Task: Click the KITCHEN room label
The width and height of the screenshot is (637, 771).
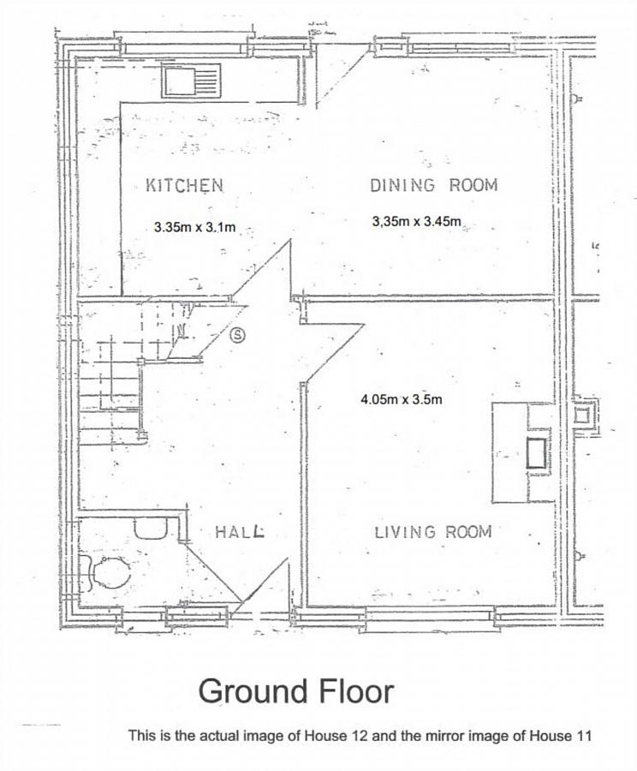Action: [184, 185]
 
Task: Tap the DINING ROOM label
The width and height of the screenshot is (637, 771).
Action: [433, 185]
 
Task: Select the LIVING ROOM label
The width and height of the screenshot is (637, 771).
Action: [433, 532]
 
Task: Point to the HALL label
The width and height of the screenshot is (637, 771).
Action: [240, 532]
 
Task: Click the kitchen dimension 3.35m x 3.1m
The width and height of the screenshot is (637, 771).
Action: [194, 228]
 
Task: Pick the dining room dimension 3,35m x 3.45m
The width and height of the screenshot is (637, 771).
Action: [417, 222]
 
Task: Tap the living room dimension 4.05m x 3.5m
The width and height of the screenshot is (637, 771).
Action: [402, 399]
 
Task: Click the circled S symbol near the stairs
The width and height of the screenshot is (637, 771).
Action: [240, 335]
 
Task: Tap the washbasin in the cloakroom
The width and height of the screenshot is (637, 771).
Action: [152, 527]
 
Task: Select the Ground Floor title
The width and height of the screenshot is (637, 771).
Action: [296, 690]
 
